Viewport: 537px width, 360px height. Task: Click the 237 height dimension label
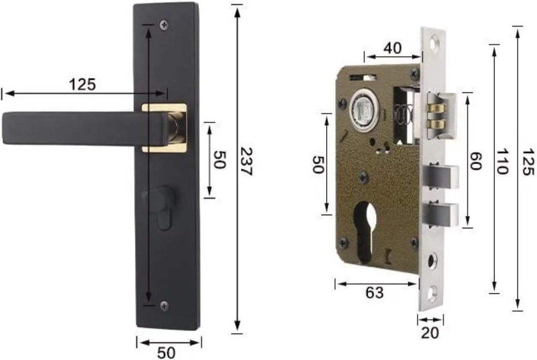point(246,161)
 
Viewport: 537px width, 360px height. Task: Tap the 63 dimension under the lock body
point(374,293)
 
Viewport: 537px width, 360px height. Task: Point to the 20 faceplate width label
point(430,332)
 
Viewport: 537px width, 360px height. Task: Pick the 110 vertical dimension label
point(502,161)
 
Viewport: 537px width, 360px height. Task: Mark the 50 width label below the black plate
point(167,353)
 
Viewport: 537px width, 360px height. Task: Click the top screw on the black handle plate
point(165,24)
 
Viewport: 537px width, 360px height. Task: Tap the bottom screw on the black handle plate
point(164,305)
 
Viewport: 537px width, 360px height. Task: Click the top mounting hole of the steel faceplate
point(434,40)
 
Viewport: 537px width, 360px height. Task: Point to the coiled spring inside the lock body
point(402,114)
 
